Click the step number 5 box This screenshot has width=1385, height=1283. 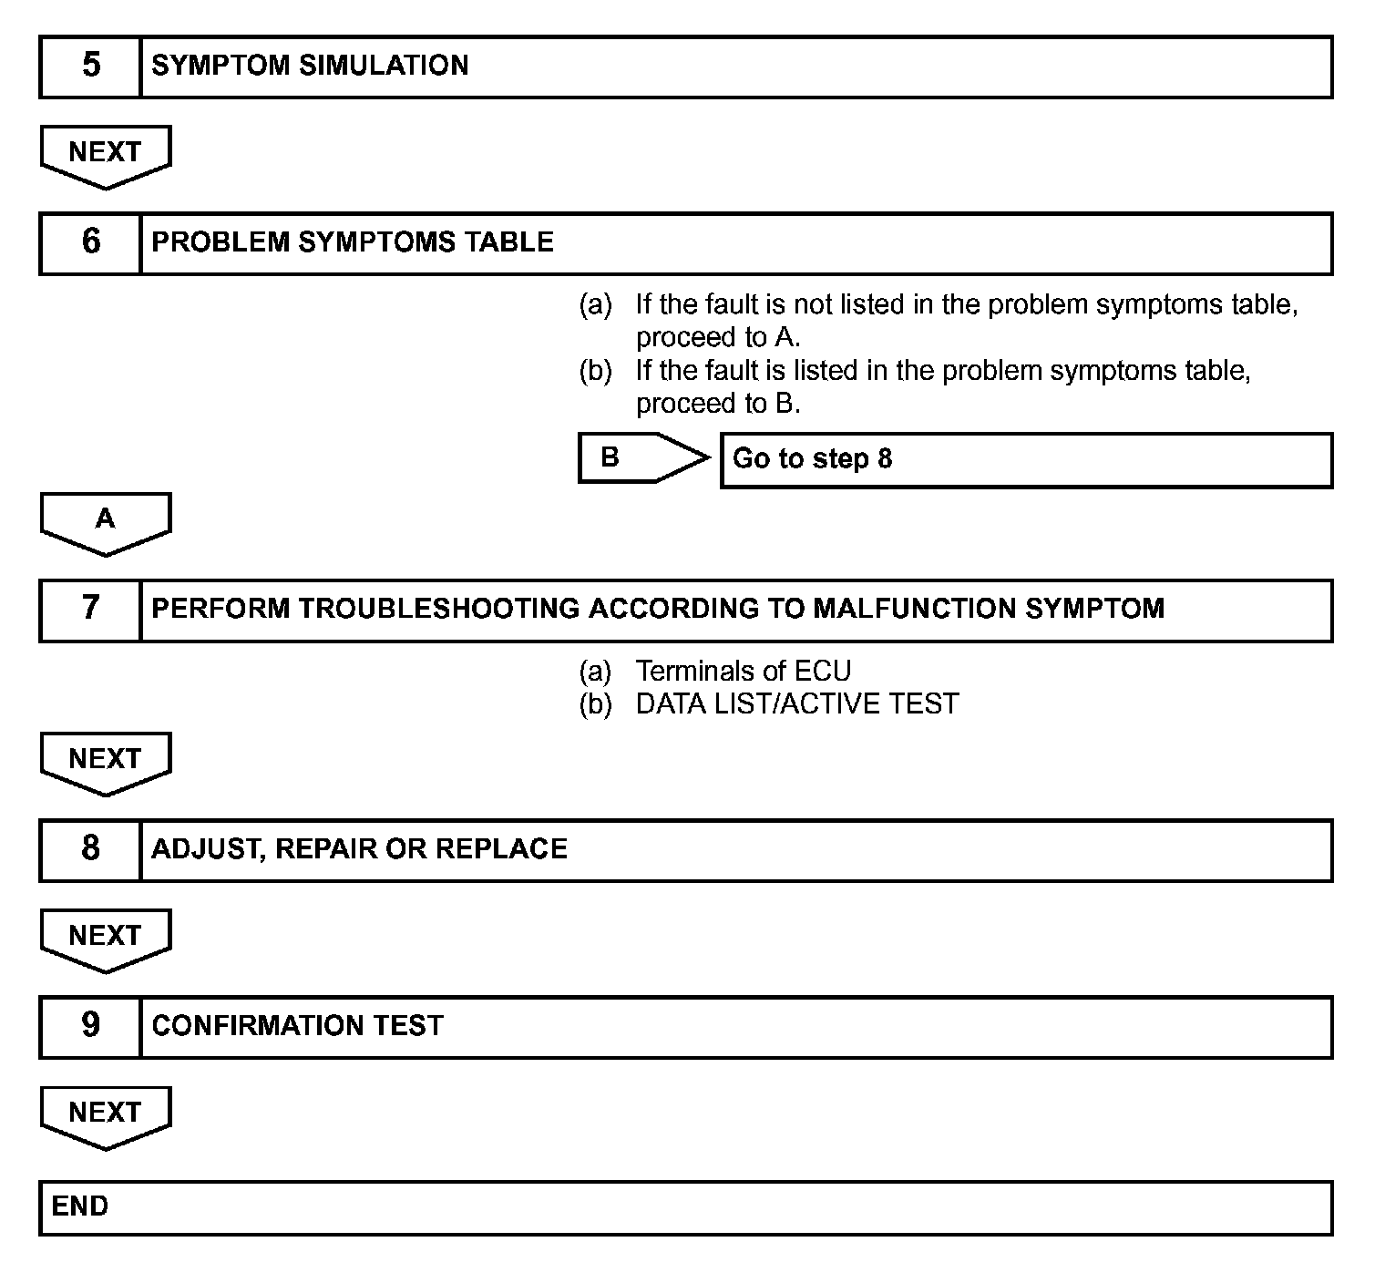[91, 67]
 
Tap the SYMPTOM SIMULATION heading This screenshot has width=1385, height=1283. [310, 66]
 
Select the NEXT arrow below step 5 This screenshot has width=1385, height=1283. [106, 154]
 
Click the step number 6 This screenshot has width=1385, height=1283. [91, 242]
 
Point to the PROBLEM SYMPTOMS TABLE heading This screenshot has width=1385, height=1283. [352, 242]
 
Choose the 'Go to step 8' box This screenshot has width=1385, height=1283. [1026, 459]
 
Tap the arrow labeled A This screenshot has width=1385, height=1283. [106, 521]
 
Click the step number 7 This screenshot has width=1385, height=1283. [91, 609]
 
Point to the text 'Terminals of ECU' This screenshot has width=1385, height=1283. [743, 672]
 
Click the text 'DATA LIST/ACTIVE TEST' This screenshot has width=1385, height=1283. [796, 704]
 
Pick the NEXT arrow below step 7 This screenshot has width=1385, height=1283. [106, 761]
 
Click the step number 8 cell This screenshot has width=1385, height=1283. [91, 849]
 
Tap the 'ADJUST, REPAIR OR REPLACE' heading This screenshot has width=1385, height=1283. [359, 849]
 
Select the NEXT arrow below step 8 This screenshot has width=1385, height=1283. [106, 938]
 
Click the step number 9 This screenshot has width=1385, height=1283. [91, 1026]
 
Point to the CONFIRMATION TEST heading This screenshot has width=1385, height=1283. [297, 1026]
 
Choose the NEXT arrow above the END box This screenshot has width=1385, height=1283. [106, 1114]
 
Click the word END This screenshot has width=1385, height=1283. [80, 1206]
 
